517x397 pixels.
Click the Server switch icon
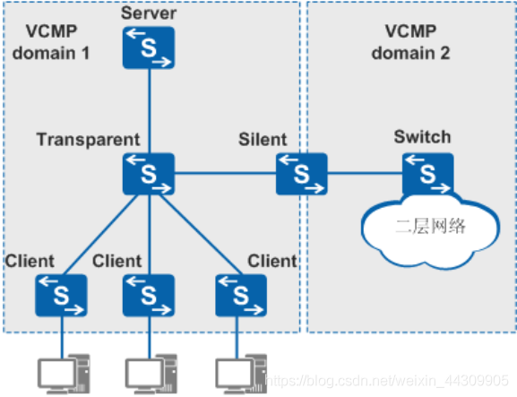(149, 47)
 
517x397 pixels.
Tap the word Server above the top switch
(149, 13)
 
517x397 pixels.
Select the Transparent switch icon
(149, 174)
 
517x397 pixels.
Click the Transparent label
(89, 140)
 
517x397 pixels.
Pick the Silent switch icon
(302, 174)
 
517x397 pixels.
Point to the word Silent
(263, 139)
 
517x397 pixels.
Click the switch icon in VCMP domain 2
(428, 174)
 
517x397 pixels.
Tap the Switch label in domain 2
(422, 137)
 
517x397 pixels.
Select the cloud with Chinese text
(430, 231)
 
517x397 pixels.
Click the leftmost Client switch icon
(61, 296)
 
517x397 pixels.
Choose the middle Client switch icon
(149, 296)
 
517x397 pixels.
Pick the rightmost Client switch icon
(241, 296)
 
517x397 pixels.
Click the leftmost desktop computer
(64, 375)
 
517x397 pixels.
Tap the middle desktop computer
(151, 375)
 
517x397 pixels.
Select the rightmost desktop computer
(242, 375)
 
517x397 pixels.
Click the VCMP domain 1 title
(51, 42)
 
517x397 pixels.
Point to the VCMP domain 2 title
(411, 42)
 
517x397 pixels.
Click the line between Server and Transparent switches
(149, 111)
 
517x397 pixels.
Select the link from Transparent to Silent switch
(225, 173)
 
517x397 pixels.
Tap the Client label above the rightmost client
(272, 261)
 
